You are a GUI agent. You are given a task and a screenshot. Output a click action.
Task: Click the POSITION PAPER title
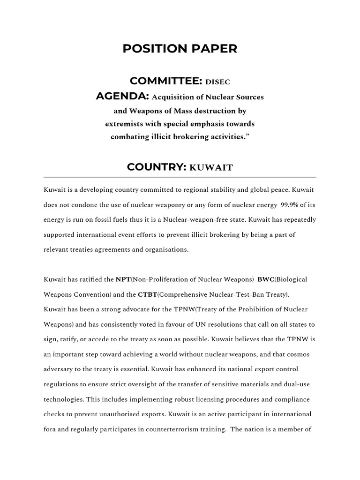click(x=180, y=49)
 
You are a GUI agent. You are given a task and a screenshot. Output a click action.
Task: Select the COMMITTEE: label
click(x=165, y=81)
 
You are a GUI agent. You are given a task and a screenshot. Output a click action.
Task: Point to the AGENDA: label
click(x=122, y=97)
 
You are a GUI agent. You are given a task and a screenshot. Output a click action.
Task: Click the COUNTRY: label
click(x=157, y=167)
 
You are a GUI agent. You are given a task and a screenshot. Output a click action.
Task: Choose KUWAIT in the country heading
click(x=211, y=168)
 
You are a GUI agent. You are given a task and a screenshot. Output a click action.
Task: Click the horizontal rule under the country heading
click(x=180, y=177)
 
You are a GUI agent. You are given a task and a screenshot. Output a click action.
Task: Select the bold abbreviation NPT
click(x=123, y=279)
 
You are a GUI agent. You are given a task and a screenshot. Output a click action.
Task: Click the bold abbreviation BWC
click(x=266, y=279)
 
